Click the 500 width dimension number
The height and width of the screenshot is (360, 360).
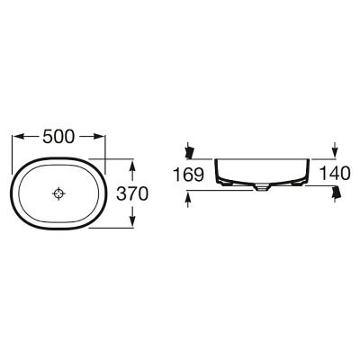click(x=58, y=137)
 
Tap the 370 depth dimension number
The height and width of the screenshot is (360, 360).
click(x=132, y=193)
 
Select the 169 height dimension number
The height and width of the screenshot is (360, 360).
click(x=189, y=175)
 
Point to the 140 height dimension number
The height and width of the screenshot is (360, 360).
click(x=335, y=174)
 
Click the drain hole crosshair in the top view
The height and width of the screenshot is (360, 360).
click(x=58, y=193)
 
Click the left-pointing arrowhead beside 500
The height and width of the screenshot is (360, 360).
click(x=19, y=137)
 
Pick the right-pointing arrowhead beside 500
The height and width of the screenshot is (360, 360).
click(x=99, y=137)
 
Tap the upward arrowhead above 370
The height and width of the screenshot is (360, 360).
click(x=133, y=166)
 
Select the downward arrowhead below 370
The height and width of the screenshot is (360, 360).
click(x=133, y=221)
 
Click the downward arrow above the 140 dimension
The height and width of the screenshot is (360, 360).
click(x=335, y=149)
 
